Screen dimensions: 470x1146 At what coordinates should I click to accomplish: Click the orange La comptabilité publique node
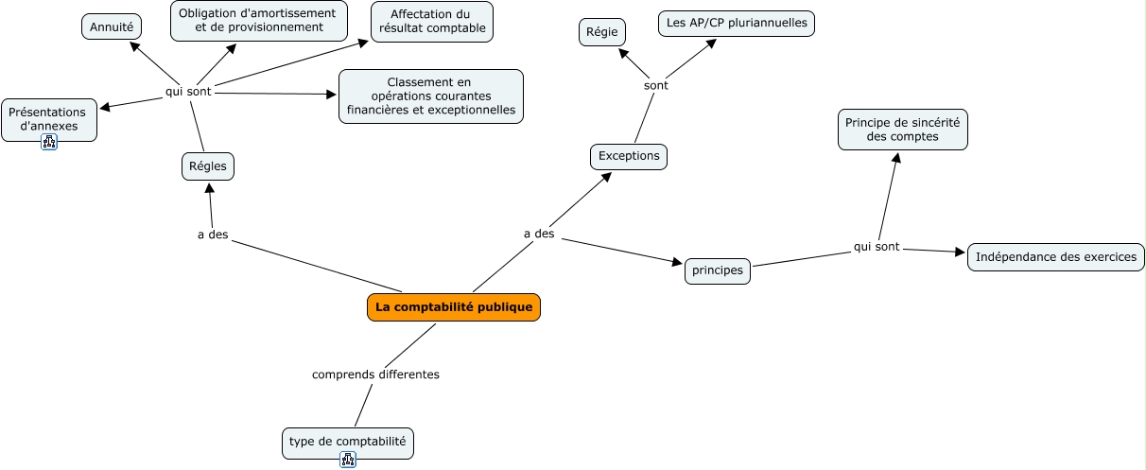point(454,307)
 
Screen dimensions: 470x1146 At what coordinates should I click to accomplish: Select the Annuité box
point(112,27)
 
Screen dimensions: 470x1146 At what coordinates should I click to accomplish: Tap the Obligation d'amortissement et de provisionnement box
point(258,21)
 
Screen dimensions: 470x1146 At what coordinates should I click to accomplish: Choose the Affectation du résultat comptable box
point(431,21)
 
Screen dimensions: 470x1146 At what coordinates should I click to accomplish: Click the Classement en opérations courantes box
point(431,96)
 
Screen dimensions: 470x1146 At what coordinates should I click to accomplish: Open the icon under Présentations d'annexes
point(49,142)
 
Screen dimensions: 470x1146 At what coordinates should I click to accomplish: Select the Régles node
point(208,166)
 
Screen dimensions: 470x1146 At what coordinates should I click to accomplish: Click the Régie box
point(602,33)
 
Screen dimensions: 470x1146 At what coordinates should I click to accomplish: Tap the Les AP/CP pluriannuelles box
point(736,23)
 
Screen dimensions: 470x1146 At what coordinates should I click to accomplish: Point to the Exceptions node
point(629,156)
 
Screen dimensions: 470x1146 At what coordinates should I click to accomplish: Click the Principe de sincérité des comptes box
point(903,130)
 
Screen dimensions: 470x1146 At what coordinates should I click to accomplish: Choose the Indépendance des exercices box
point(1055,257)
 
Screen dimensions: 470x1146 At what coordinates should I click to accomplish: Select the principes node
point(718,271)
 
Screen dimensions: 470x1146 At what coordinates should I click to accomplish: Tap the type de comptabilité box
point(348,442)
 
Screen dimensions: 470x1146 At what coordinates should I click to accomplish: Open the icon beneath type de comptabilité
point(348,460)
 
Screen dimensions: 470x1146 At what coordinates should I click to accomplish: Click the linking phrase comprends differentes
point(375,374)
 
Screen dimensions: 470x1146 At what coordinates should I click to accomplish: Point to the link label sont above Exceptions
point(655,85)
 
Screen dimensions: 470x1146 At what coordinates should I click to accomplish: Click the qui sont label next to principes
point(877,247)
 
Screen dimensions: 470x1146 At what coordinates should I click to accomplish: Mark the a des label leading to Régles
point(213,235)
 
